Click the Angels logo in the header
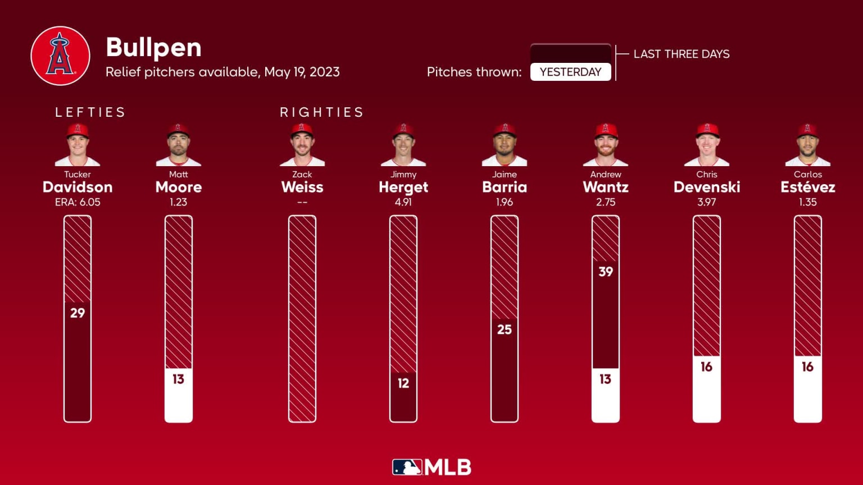(x=60, y=56)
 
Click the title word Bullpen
(x=153, y=48)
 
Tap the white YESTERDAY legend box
(x=570, y=72)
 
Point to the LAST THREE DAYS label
(x=681, y=54)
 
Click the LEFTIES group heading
(x=90, y=112)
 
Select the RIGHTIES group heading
(x=321, y=112)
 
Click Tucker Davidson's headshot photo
(x=78, y=145)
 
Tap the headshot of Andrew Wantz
(x=606, y=145)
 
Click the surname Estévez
(x=807, y=187)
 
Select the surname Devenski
(x=706, y=187)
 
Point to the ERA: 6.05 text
(x=78, y=202)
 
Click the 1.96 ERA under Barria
(x=504, y=202)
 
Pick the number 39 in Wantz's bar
(x=606, y=272)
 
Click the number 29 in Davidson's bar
(x=78, y=313)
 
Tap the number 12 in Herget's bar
(x=403, y=383)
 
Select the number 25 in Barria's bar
(x=505, y=330)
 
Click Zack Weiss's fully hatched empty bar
(x=302, y=318)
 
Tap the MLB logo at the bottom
(x=431, y=467)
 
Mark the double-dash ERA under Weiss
(x=302, y=202)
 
